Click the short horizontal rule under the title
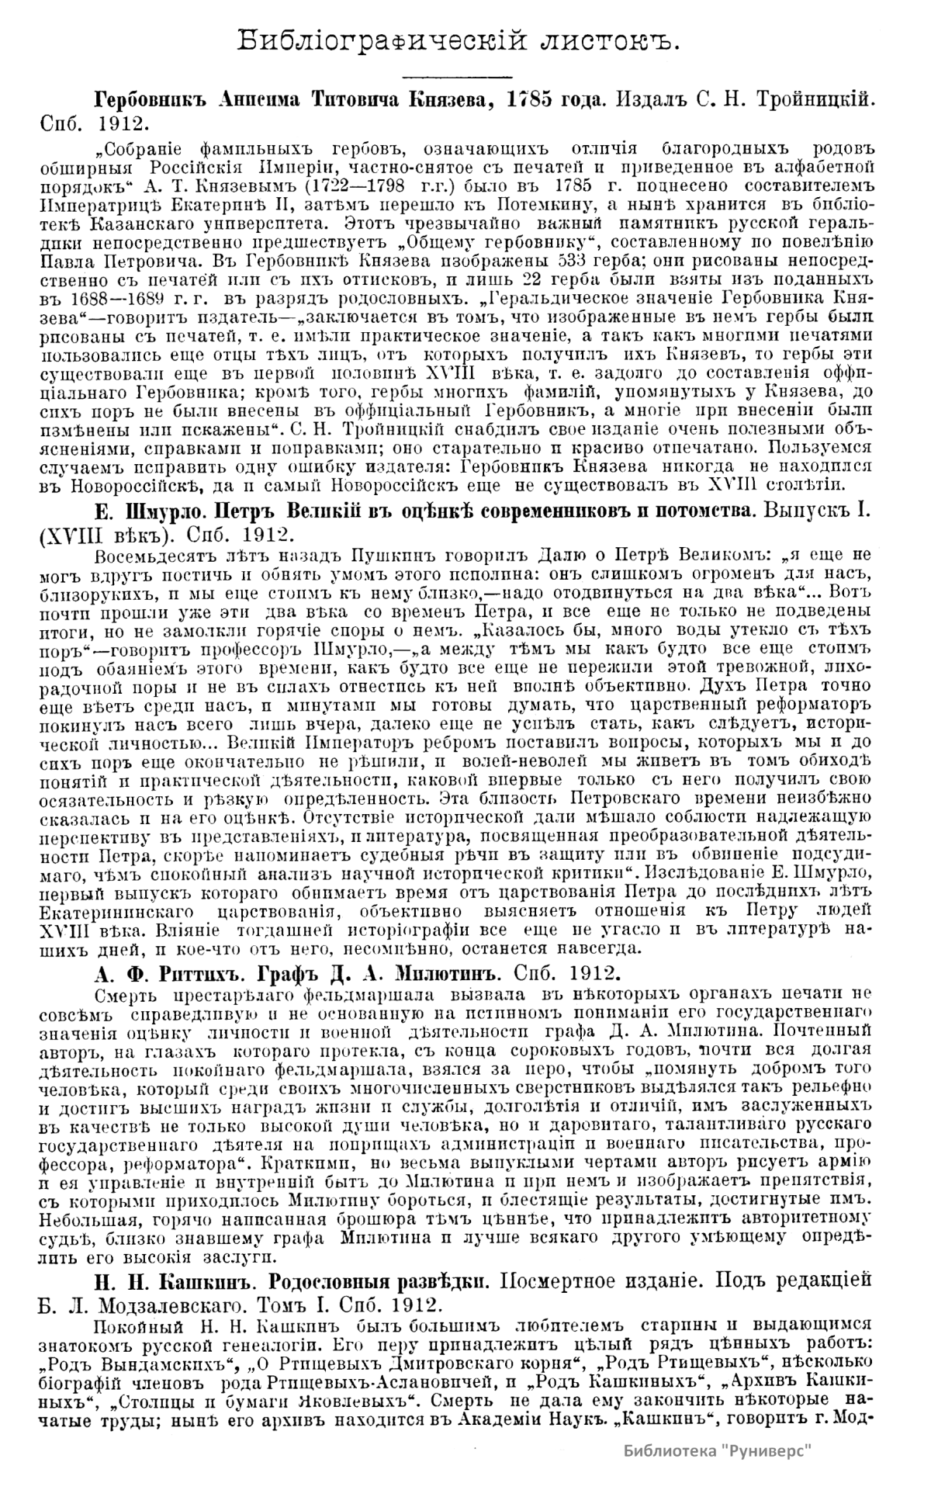[457, 76]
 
